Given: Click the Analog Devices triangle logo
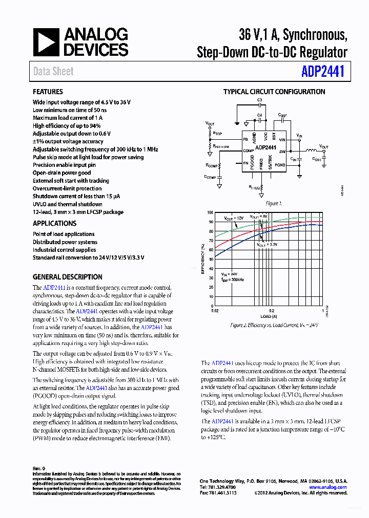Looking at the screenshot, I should point(47,42).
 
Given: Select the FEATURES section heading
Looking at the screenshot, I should point(48,92).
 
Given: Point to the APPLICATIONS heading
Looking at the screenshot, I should point(54,224).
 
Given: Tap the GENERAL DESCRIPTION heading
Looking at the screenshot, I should point(67,277).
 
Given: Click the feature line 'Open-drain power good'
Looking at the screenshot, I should point(61,173).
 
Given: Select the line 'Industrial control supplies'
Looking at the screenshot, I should point(64,250).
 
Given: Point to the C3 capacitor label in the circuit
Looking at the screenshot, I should point(259,100).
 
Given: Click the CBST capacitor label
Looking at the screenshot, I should point(282,116).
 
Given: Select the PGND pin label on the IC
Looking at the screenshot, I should point(280,165).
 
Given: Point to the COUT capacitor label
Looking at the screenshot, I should point(317,159).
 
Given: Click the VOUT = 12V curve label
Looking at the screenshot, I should point(234,219).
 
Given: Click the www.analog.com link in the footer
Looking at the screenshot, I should point(328,487).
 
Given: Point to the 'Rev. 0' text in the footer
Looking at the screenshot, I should point(39,468).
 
